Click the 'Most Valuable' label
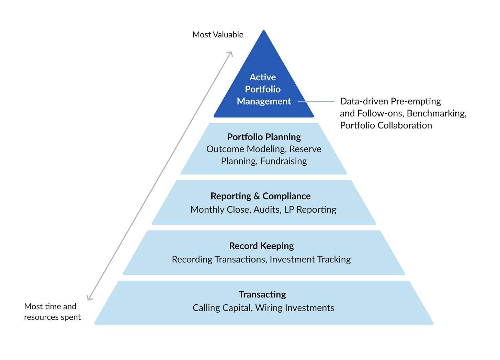(x=218, y=35)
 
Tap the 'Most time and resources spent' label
(x=52, y=312)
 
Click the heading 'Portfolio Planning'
(x=264, y=137)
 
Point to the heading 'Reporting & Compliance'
(x=260, y=196)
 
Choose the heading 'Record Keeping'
(x=261, y=246)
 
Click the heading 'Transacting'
(x=262, y=294)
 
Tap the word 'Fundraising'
(x=283, y=161)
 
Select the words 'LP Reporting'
(x=310, y=210)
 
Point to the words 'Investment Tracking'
(x=310, y=259)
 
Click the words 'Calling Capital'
(x=222, y=308)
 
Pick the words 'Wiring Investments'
(x=295, y=308)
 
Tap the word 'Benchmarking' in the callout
(x=436, y=113)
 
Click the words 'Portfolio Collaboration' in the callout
(x=386, y=125)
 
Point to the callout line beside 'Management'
(x=316, y=102)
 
